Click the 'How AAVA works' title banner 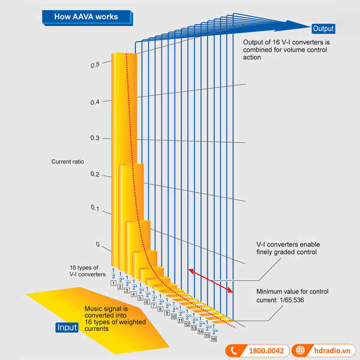pyautogui.click(x=86, y=17)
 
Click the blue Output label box pyautogui.click(x=323, y=29)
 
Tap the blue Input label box pyautogui.click(x=67, y=327)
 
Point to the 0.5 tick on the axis pyautogui.click(x=94, y=65)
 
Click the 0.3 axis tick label pyautogui.click(x=94, y=138)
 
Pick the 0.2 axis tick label pyautogui.click(x=94, y=174)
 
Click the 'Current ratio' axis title pyautogui.click(x=67, y=162)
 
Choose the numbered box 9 pyautogui.click(x=166, y=312)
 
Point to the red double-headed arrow pyautogui.click(x=211, y=281)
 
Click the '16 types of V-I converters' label pyautogui.click(x=87, y=270)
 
